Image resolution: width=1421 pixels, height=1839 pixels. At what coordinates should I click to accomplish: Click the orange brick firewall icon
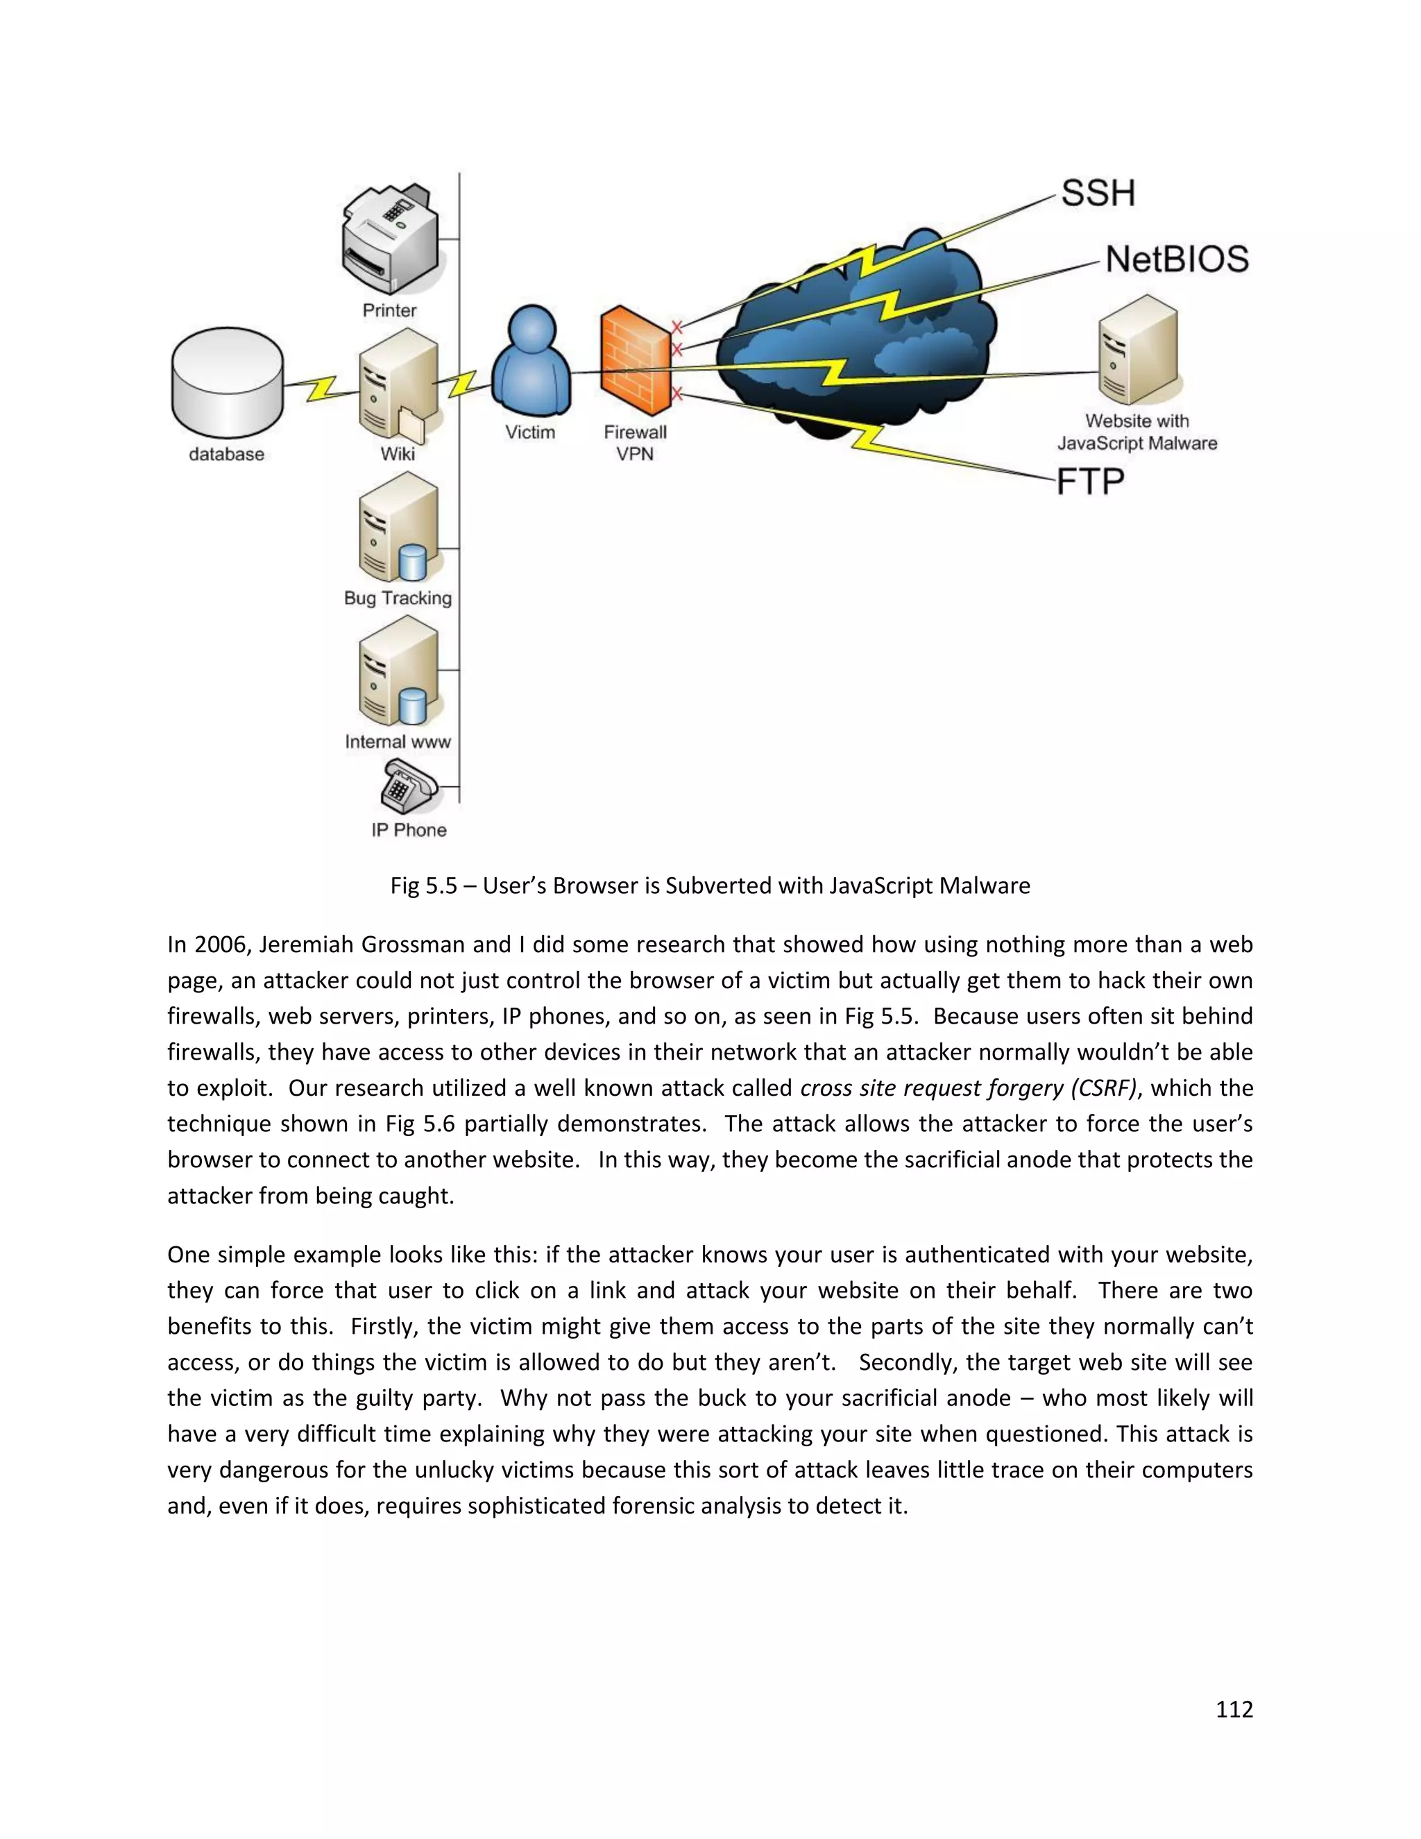[635, 362]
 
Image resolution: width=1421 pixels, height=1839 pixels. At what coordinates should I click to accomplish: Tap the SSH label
[1098, 194]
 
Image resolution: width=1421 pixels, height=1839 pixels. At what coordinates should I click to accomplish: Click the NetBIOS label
[1177, 260]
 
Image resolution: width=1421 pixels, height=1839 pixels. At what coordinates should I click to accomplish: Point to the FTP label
[1091, 482]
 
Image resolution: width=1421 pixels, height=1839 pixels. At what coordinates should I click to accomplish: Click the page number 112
[1234, 1709]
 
